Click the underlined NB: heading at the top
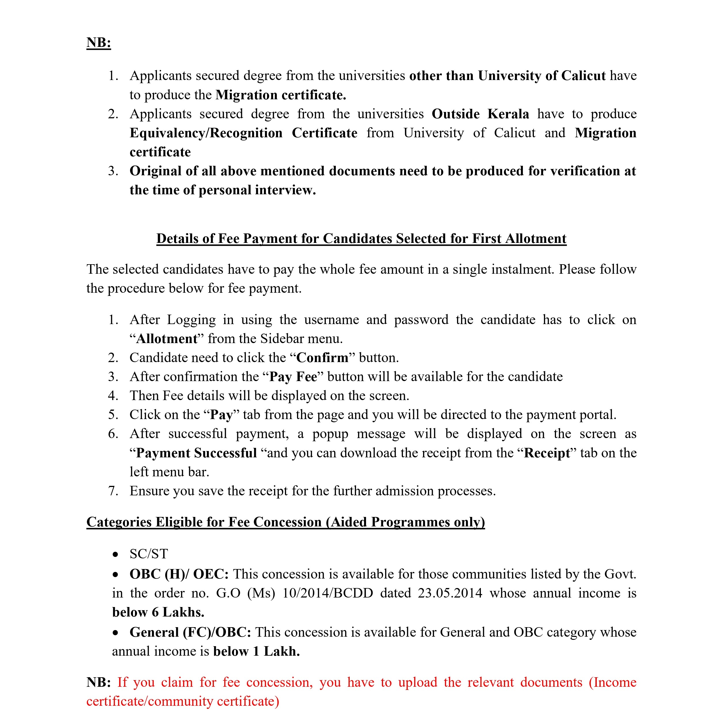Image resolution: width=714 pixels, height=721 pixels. point(98,43)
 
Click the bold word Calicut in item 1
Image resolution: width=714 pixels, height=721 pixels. point(583,76)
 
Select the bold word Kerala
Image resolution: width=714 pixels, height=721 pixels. point(508,114)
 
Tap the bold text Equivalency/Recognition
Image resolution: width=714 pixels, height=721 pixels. point(206,133)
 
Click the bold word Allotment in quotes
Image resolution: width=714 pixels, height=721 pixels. point(167,338)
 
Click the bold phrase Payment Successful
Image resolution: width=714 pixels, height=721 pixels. point(196,453)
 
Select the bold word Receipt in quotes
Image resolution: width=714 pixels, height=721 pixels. point(547,453)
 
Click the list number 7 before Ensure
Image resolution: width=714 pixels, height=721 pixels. point(113,491)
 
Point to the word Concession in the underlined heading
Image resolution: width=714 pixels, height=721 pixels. point(287,522)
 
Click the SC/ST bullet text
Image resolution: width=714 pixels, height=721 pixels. point(149,554)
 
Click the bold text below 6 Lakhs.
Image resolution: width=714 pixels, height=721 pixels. point(158,612)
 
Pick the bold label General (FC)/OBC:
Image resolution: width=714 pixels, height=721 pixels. point(190,632)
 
